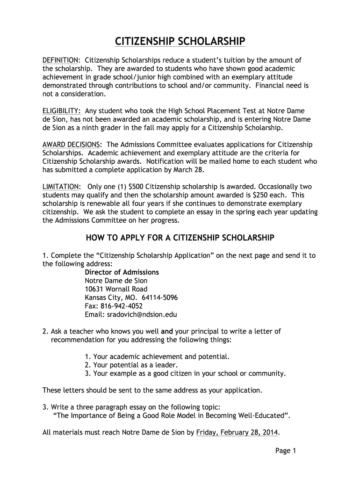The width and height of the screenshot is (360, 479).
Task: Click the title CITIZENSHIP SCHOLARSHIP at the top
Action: coord(180,42)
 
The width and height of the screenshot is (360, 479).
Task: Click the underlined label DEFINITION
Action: coord(60,60)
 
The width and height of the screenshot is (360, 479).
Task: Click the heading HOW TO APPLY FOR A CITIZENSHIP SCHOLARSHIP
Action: coord(180,238)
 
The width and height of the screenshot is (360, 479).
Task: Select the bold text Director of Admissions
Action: coord(122,272)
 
